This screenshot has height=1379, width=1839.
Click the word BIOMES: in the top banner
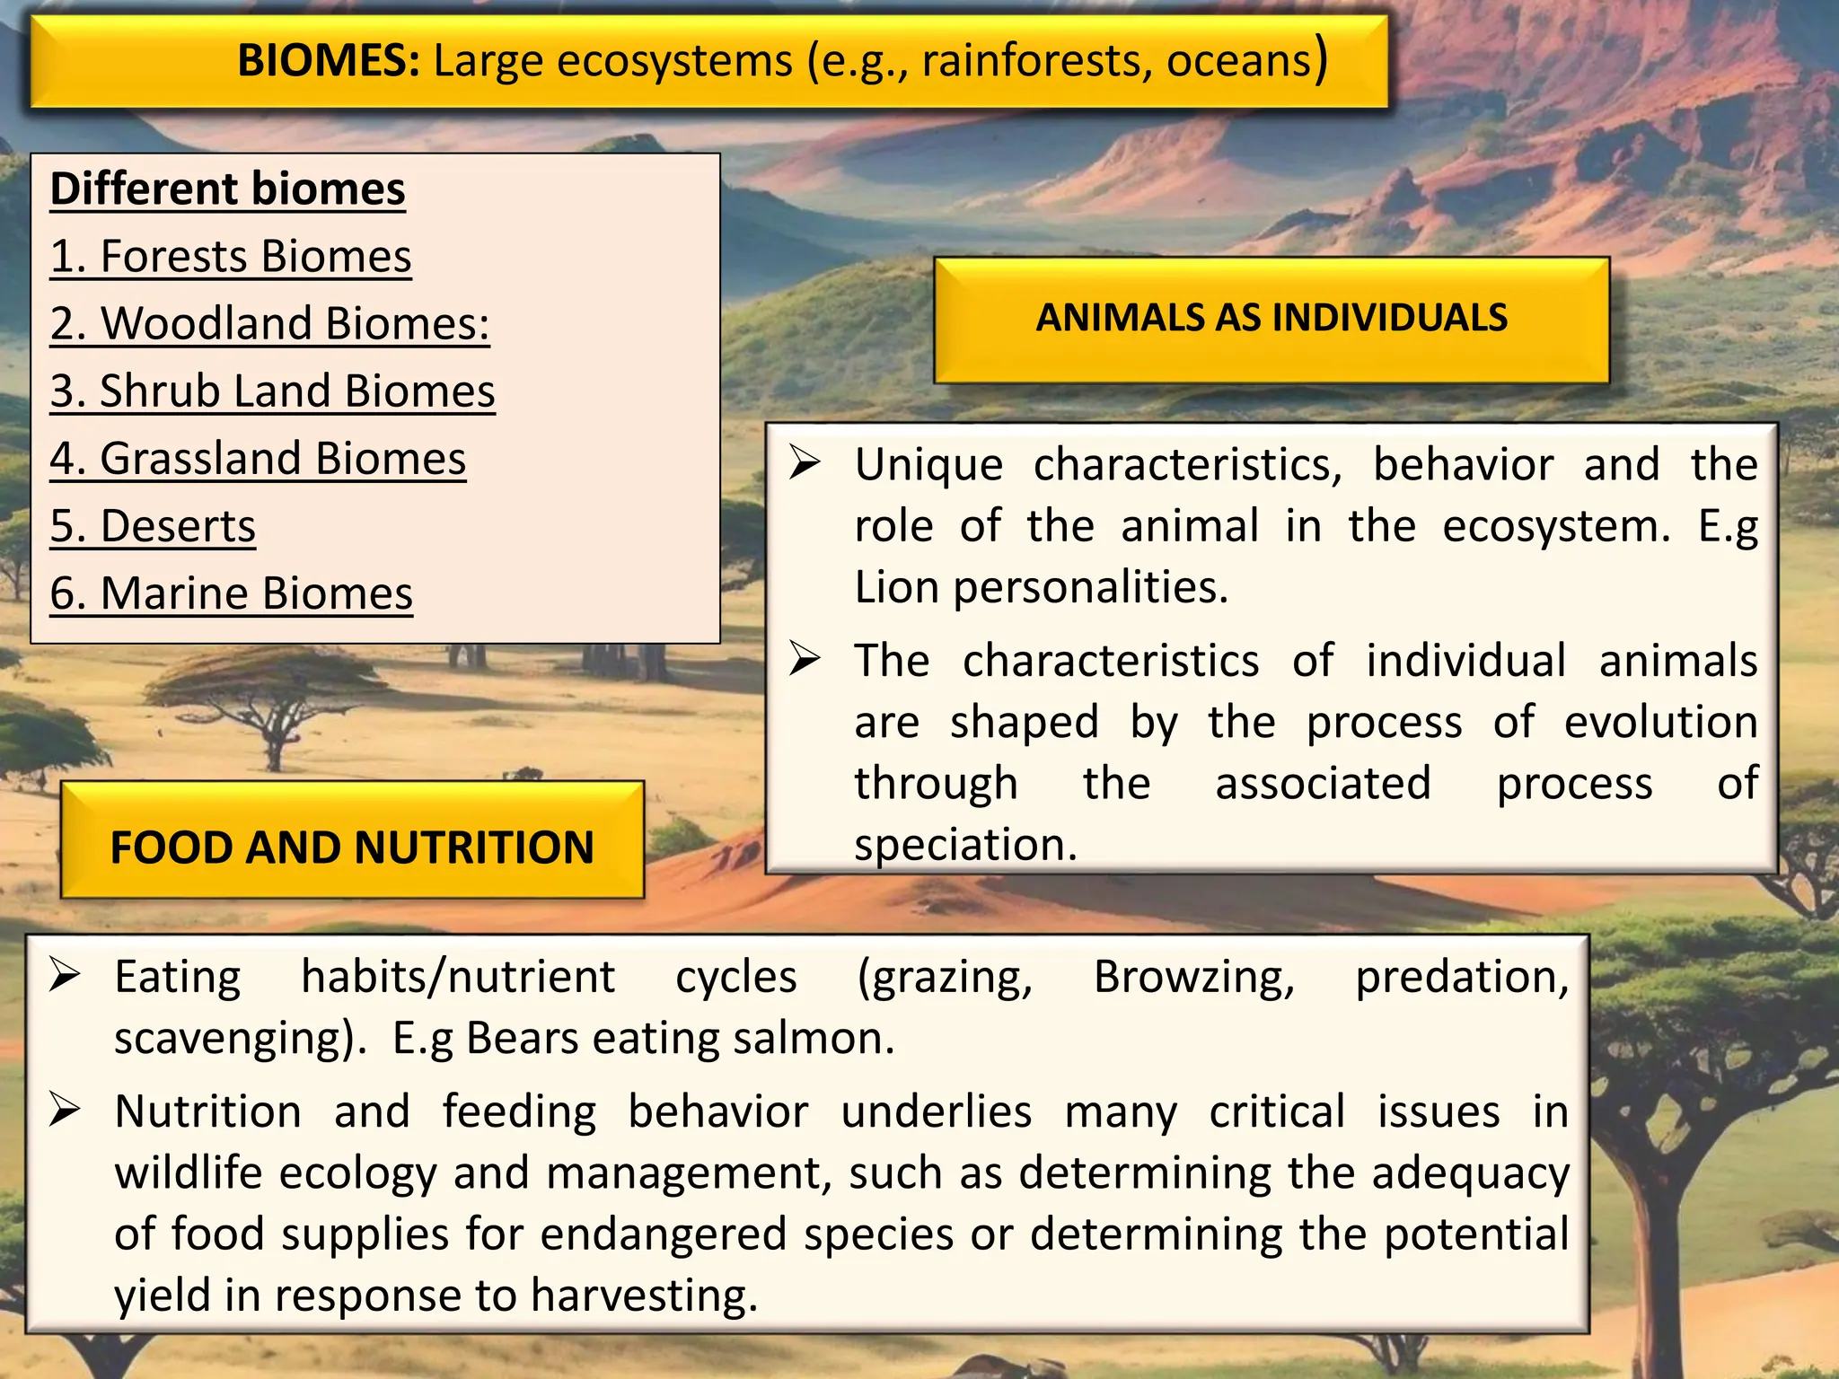[x=329, y=61]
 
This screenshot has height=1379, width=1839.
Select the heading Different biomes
[x=227, y=189]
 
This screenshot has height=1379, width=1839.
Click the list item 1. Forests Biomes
[x=231, y=257]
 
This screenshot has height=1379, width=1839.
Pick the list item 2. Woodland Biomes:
[x=269, y=324]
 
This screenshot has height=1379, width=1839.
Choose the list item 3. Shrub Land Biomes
[x=272, y=391]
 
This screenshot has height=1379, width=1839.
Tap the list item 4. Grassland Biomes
[x=258, y=459]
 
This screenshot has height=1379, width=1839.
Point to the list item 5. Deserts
[x=153, y=526]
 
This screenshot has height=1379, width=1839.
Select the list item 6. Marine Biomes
[x=231, y=593]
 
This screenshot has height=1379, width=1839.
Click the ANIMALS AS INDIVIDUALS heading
[x=1271, y=318]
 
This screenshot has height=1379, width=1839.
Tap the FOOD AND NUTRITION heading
[x=352, y=848]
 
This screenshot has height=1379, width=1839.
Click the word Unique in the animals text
[x=928, y=465]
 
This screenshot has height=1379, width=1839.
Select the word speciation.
[x=965, y=845]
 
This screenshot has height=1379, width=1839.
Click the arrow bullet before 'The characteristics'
[x=805, y=660]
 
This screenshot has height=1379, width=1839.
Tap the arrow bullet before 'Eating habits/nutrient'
[x=66, y=975]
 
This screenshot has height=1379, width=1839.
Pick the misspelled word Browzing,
[x=1194, y=978]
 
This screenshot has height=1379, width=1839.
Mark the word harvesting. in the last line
[x=644, y=1296]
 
